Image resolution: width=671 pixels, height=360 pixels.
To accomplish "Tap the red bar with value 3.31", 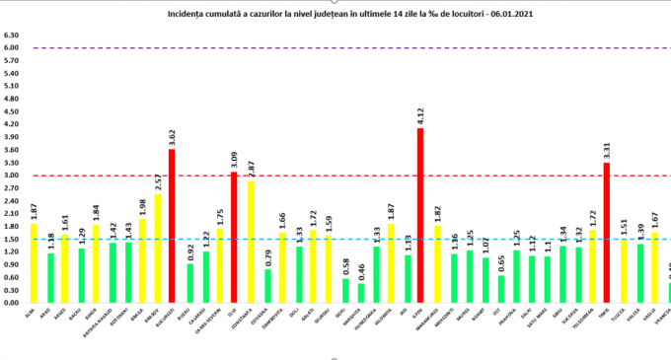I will tap(606, 233).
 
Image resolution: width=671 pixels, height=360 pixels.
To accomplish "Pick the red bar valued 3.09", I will tap(233, 237).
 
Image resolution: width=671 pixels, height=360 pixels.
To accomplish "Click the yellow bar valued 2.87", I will tap(252, 242).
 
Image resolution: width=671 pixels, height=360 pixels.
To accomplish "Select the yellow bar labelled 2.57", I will tap(158, 248).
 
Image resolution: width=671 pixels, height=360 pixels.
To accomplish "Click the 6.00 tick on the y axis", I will tap(12, 47).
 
